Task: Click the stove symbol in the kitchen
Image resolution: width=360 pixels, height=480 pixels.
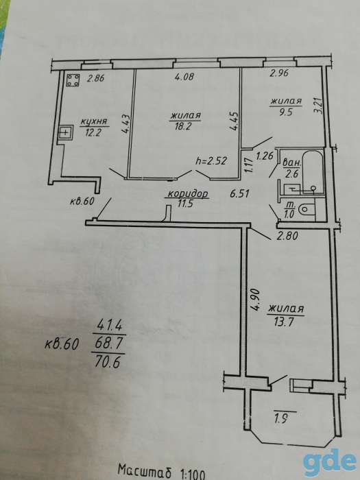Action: point(73,80)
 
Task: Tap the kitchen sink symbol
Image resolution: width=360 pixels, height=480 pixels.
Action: point(66,132)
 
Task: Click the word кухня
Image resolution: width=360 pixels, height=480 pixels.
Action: point(95,122)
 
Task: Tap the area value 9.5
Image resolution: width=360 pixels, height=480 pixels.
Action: point(286,111)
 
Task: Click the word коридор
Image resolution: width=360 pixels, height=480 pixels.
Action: point(188,193)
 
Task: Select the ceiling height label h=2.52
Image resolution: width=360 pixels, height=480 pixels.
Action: point(211,160)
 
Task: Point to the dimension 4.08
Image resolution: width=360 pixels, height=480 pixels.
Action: point(184,77)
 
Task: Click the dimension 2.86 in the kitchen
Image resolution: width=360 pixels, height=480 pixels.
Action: point(95,78)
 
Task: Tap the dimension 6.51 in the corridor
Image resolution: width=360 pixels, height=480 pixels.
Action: point(240,194)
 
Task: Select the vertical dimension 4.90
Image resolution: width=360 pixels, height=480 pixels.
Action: point(256,298)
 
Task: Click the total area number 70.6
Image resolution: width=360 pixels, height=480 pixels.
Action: point(107,363)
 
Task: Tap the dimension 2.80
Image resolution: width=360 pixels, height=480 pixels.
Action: point(288,236)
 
